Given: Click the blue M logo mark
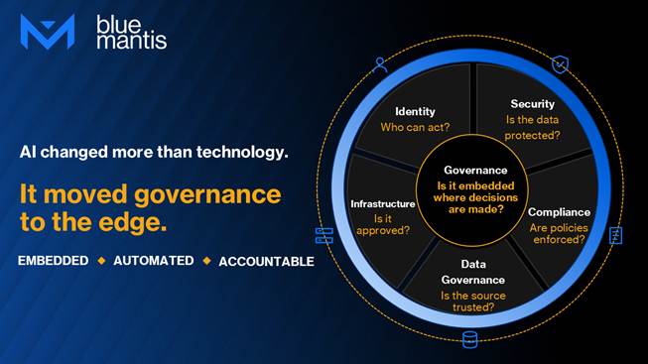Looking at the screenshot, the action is point(48,32).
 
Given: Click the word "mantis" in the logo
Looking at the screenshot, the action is point(132,41).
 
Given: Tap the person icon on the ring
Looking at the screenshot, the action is point(380,64).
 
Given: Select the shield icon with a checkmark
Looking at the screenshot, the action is point(560,64).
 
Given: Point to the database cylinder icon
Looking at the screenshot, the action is point(470,339).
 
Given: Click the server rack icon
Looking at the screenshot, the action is point(324,235).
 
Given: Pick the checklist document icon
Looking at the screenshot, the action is point(616,235).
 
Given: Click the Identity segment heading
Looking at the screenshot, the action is point(415,111).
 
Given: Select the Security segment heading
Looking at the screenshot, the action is point(532,104).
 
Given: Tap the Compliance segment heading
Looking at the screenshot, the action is point(559,212).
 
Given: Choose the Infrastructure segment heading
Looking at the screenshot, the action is point(383,203).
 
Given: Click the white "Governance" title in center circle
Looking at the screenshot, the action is point(475,171).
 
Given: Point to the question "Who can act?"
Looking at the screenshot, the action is point(415,127).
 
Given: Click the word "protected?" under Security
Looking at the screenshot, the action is point(532,136).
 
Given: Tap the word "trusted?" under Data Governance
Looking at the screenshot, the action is point(473,307).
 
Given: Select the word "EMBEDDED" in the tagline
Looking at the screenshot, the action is point(54,261).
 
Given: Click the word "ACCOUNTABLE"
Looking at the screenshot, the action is point(267,262).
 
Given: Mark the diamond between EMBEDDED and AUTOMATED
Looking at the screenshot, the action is point(101,261).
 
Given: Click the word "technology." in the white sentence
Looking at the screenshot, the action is point(242,152).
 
